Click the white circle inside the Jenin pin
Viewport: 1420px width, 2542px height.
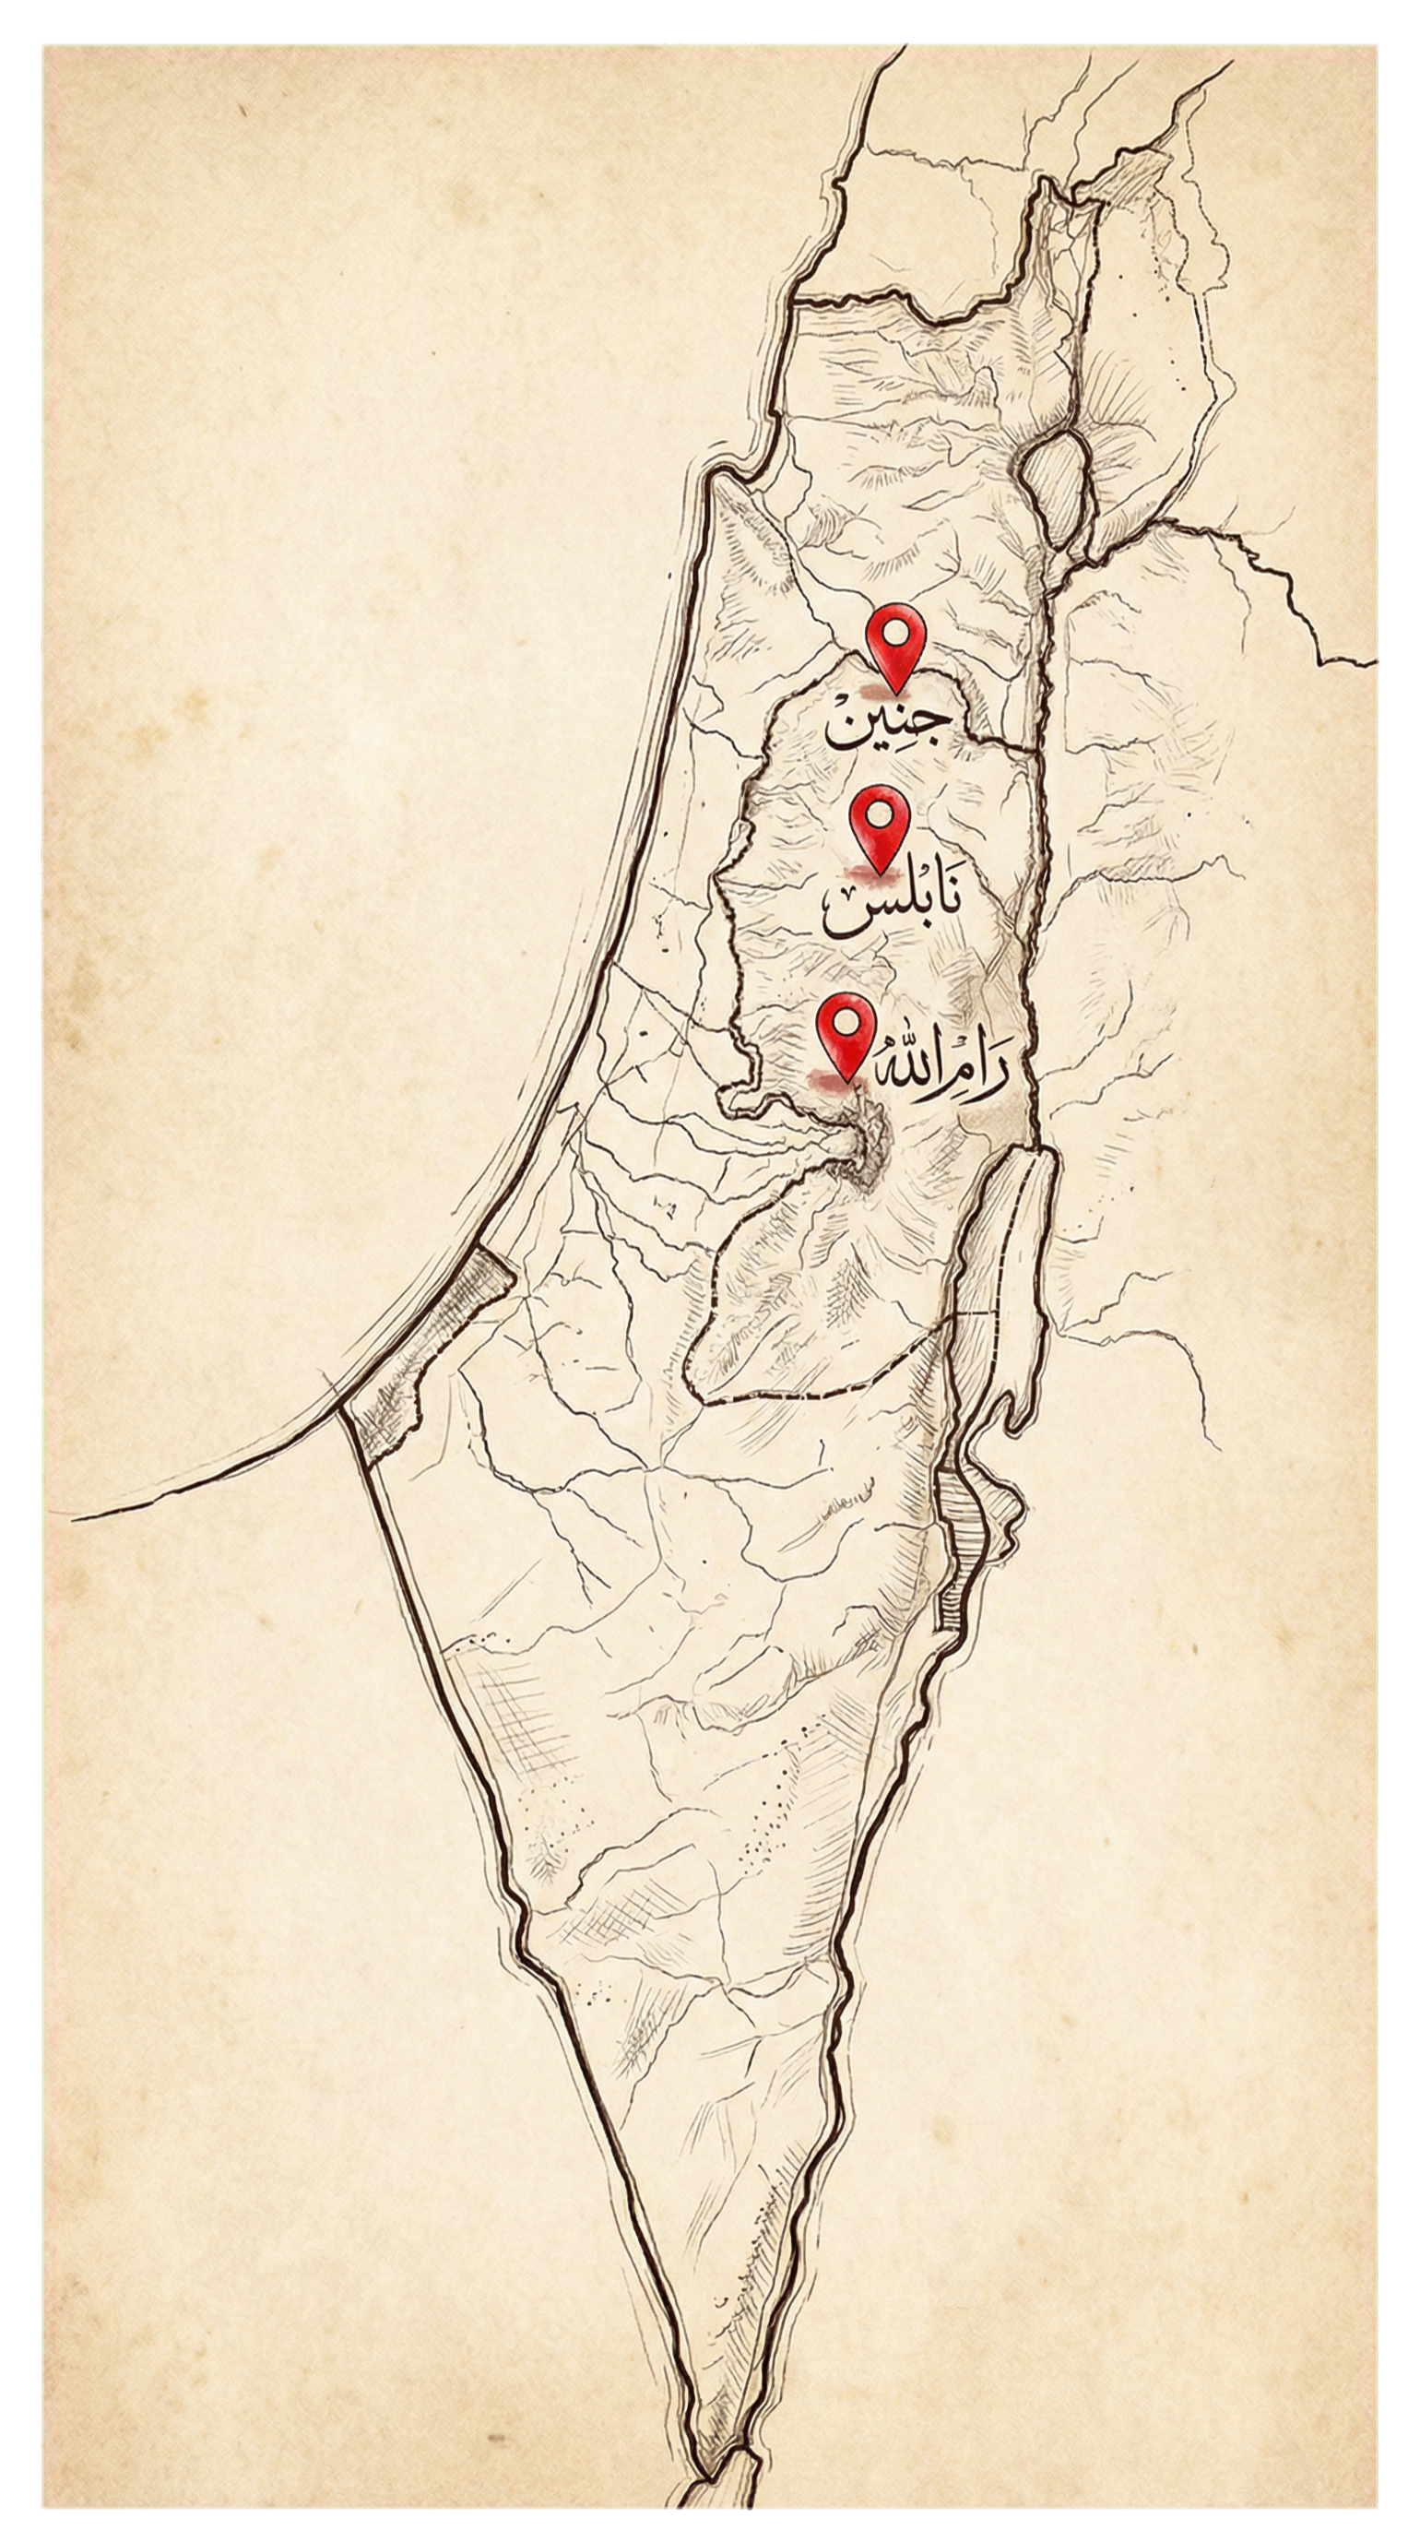tap(894, 633)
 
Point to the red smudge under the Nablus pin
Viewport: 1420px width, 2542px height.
tap(869, 873)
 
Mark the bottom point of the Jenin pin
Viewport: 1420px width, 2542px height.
tap(894, 691)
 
